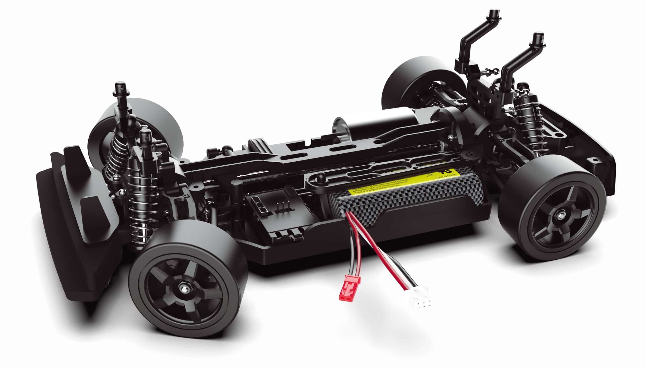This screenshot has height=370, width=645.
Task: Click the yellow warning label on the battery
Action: click(x=404, y=182)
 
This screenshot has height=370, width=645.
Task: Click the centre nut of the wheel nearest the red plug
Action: click(x=183, y=288)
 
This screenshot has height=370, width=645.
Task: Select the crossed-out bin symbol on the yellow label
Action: click(x=429, y=175)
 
